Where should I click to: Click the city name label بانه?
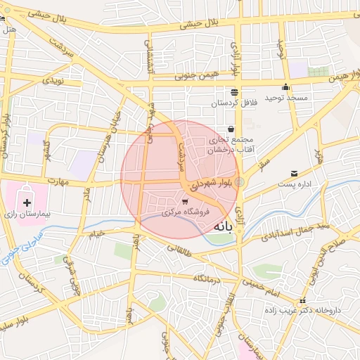click(221, 226)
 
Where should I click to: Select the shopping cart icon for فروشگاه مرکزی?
click(185, 202)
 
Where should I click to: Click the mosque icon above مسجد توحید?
click(285, 87)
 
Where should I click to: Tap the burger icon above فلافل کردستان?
click(234, 92)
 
